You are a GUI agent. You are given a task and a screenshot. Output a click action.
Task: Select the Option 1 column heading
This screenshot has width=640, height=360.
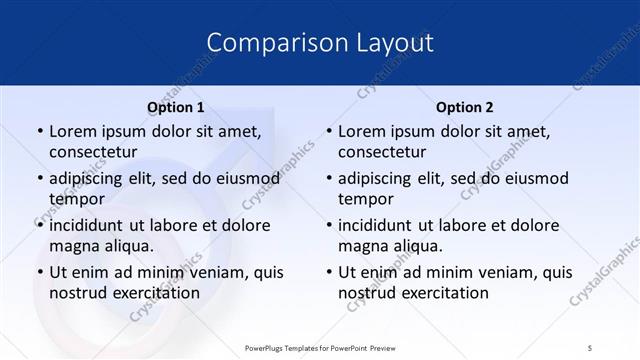point(176,107)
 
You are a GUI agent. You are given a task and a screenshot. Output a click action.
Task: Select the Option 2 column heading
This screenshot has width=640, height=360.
point(465,107)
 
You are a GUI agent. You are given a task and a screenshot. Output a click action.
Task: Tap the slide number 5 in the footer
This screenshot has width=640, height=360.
point(591,347)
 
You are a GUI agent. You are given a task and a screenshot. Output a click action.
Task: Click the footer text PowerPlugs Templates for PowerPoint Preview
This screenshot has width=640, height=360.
point(319,347)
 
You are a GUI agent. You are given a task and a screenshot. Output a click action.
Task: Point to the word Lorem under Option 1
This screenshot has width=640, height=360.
point(72,131)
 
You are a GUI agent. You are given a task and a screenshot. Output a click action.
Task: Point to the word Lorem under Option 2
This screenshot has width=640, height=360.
point(361,131)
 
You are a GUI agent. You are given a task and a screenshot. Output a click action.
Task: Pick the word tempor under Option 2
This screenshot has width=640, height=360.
point(366,199)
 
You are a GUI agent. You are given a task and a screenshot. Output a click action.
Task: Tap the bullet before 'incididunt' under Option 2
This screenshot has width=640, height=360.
point(328,225)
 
